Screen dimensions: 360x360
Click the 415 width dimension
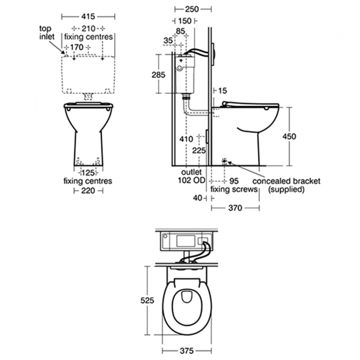tap(88, 17)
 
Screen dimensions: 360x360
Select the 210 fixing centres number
tap(89, 29)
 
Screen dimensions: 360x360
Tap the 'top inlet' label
tap(47, 33)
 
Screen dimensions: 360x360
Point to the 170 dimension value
tap(76, 47)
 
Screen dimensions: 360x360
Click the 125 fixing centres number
tap(89, 172)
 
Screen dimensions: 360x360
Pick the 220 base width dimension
tap(88, 191)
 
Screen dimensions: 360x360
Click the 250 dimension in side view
tap(192, 9)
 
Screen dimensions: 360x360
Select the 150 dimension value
tap(185, 21)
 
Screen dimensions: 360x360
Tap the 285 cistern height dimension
tap(158, 75)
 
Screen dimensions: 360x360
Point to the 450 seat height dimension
tap(289, 136)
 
